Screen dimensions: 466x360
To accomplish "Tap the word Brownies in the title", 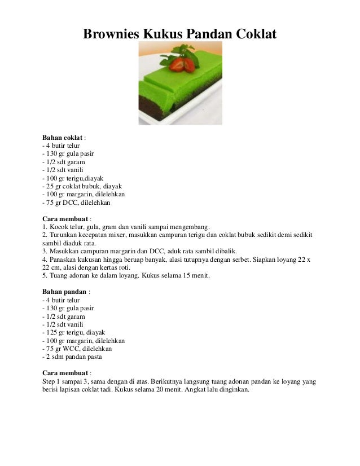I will click(110, 34).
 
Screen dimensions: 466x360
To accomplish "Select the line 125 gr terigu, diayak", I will click(74, 332).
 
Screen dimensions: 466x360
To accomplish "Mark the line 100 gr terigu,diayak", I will click(73, 178).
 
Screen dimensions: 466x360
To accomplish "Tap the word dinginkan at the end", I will click(232, 389).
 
